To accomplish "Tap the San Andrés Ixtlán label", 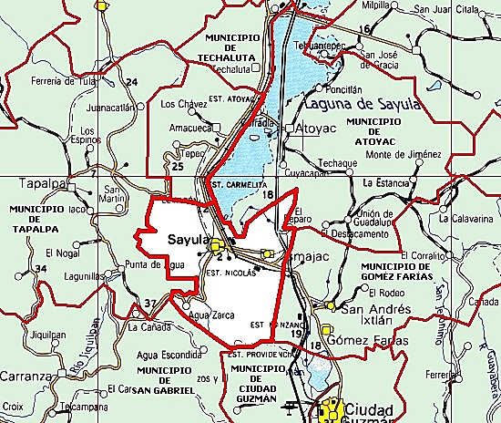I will (375, 315).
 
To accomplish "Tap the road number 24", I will (131, 83).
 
